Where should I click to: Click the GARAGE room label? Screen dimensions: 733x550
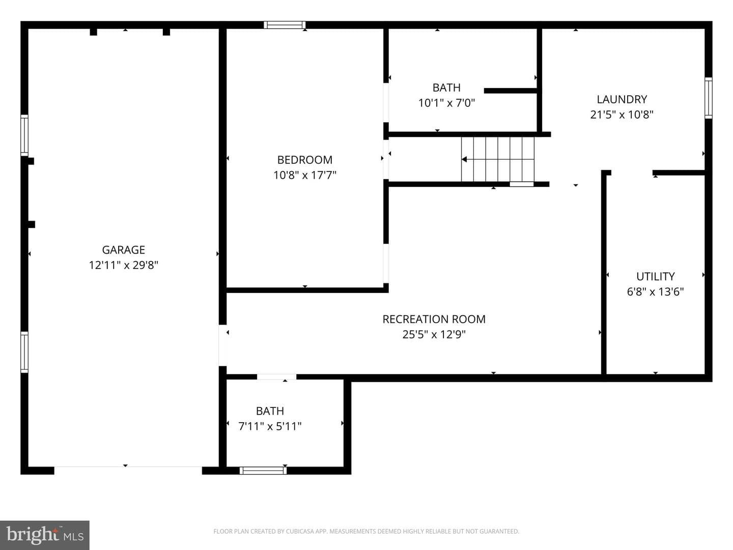123,250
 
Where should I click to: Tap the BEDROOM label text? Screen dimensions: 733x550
304,160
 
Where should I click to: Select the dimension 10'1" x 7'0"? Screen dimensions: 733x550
446,103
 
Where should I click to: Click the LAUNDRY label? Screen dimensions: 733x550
622,99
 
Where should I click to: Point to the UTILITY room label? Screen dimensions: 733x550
655,277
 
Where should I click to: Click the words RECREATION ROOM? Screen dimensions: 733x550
434,319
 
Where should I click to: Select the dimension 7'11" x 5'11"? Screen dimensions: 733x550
270,426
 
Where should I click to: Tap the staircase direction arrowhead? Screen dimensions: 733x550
464,159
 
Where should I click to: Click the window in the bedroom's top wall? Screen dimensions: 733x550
285,25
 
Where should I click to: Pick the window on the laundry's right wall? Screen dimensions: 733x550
708,98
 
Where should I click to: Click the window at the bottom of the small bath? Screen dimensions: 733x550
263,471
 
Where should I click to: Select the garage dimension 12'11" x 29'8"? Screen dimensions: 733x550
123,265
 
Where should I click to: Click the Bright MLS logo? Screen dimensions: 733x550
45,535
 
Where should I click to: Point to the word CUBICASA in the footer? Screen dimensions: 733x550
298,531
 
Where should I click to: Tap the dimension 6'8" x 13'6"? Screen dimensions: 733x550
655,292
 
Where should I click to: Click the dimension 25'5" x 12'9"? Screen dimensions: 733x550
434,334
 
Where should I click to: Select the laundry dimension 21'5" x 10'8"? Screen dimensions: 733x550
622,115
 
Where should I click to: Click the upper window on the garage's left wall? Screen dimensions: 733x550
24,135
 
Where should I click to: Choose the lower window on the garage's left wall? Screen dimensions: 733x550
24,352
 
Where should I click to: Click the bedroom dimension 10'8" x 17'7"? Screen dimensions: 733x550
304,175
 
